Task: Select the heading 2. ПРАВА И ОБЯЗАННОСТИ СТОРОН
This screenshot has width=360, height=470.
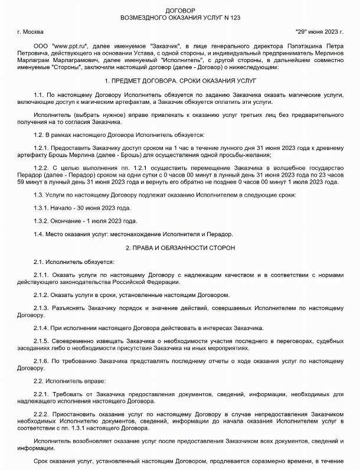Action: [x=179, y=248]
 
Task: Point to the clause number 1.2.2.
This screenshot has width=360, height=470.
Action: [x=43, y=168]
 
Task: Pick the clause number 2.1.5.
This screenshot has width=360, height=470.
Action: [x=43, y=341]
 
